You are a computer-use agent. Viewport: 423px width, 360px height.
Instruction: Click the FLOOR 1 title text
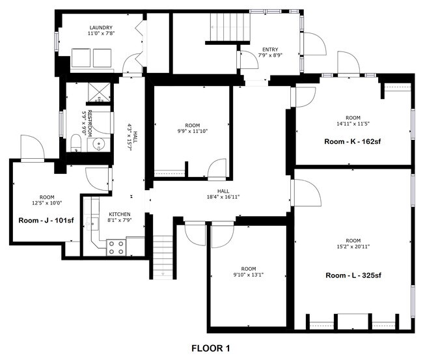click(x=210, y=348)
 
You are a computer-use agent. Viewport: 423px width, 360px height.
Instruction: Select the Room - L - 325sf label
click(x=353, y=275)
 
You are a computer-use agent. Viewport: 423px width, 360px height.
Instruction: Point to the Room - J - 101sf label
click(x=46, y=220)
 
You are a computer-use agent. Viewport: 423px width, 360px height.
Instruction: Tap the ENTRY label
click(x=270, y=49)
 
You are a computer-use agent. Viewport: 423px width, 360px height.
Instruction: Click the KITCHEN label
click(x=120, y=214)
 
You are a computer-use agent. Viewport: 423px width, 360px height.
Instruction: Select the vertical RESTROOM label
click(x=90, y=120)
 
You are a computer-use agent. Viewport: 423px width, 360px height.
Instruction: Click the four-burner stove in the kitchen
click(x=116, y=247)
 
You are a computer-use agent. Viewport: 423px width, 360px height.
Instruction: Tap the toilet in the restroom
click(x=75, y=143)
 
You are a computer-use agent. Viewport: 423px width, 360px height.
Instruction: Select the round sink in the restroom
click(x=99, y=144)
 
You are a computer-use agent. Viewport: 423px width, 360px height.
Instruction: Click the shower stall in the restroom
click(x=99, y=93)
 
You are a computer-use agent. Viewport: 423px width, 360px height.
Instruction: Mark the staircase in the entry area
click(x=229, y=27)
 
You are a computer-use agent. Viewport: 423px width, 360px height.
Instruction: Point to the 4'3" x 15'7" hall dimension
click(x=130, y=137)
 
